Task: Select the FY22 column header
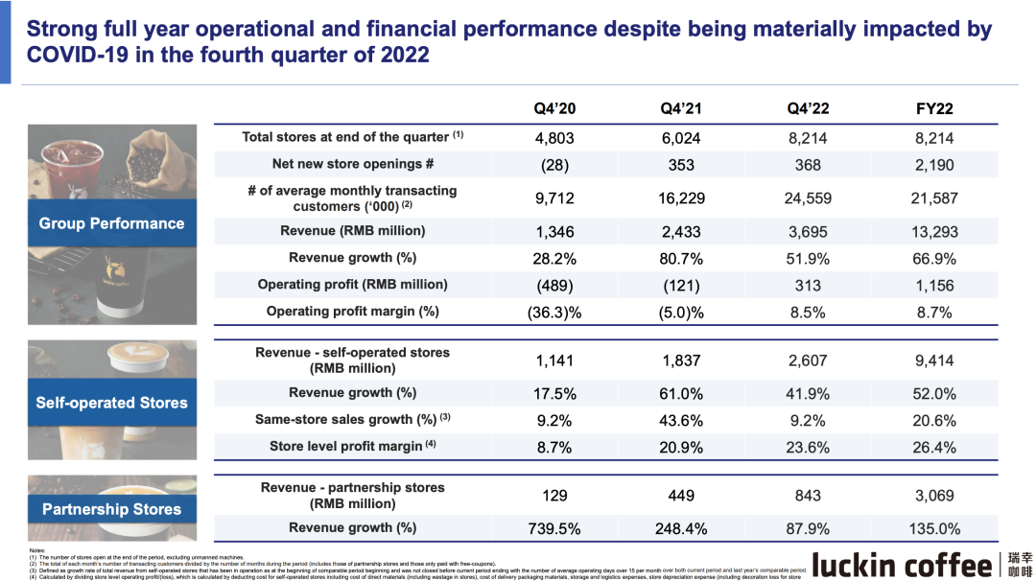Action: pyautogui.click(x=935, y=108)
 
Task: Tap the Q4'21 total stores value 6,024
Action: pyautogui.click(x=681, y=138)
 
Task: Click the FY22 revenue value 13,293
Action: pyautogui.click(x=935, y=231)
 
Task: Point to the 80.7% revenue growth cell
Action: pyautogui.click(x=681, y=258)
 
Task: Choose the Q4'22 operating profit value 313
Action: pyautogui.click(x=808, y=285)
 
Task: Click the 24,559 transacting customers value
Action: pyautogui.click(x=808, y=198)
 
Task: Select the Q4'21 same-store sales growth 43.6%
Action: pyautogui.click(x=681, y=420)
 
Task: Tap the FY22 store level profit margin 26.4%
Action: pyautogui.click(x=935, y=447)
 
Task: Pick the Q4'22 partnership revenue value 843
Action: pyautogui.click(x=808, y=496)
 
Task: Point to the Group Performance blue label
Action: pyautogui.click(x=111, y=223)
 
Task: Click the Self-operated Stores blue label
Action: pyautogui.click(x=111, y=403)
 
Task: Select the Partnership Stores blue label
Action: pyautogui.click(x=111, y=509)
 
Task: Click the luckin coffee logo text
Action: pyautogui.click(x=901, y=564)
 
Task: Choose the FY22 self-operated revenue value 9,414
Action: pyautogui.click(x=935, y=360)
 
